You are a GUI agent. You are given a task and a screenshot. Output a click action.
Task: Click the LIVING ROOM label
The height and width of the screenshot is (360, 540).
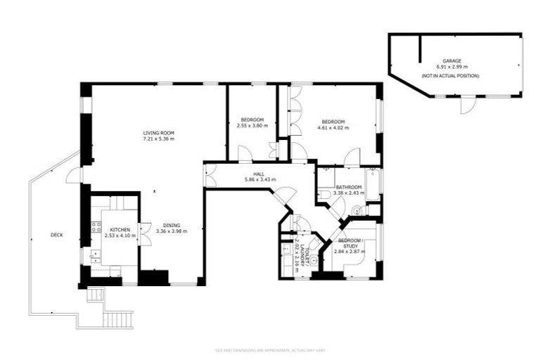(x=158, y=133)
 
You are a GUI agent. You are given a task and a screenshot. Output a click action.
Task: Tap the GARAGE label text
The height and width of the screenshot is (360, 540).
(x=451, y=61)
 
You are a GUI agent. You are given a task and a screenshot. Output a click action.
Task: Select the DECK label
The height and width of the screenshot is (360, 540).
(x=56, y=234)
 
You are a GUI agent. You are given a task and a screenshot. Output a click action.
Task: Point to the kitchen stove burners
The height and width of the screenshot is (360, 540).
(x=96, y=227)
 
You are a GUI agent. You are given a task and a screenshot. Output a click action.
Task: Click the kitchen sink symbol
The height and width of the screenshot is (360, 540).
(x=96, y=256)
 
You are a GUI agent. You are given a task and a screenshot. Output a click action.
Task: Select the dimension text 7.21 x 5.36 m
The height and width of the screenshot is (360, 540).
(x=158, y=139)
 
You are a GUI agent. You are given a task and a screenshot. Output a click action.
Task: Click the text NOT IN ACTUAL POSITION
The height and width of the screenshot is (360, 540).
(x=451, y=75)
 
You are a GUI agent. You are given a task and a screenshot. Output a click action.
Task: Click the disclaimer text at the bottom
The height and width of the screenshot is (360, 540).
(x=270, y=349)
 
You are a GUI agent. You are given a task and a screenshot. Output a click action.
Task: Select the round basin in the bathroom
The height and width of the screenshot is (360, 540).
(x=356, y=209)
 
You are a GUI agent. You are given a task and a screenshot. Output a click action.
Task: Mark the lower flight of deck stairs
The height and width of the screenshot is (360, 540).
(x=117, y=320)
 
